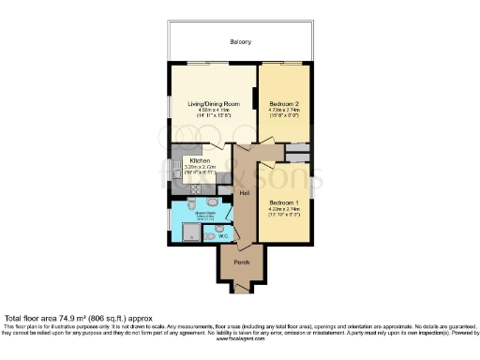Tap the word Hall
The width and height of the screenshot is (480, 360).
[x=244, y=193]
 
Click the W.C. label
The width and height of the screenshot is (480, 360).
[x=223, y=235]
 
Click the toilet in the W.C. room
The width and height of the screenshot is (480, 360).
[x=209, y=235]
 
